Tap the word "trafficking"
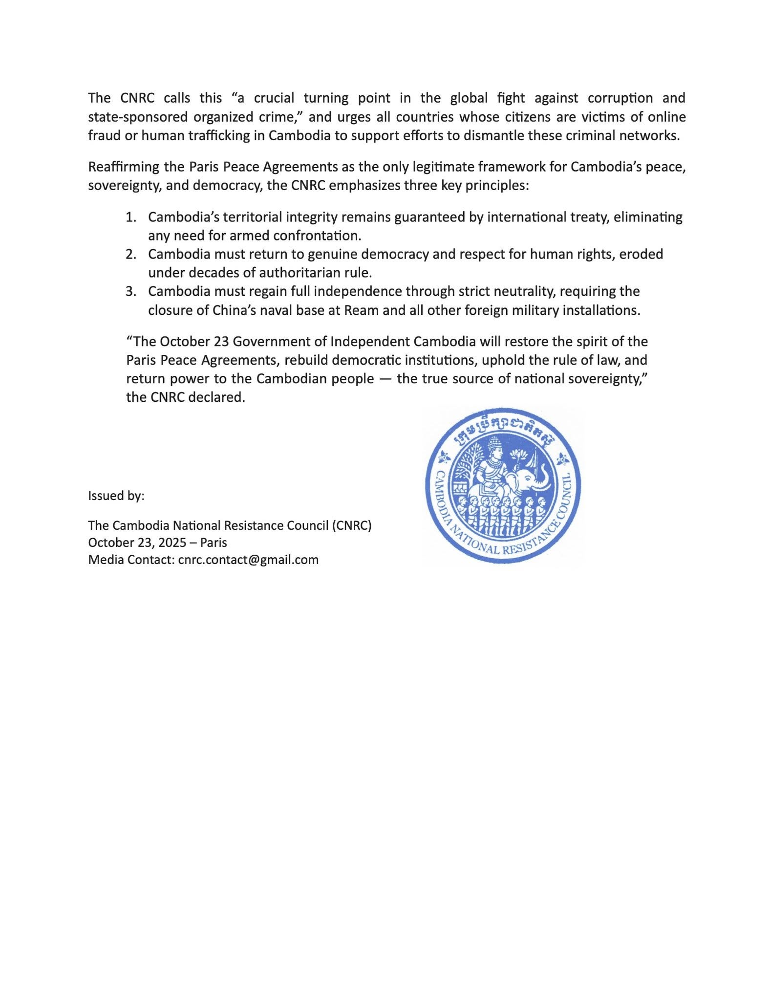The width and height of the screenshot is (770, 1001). pyautogui.click(x=212, y=136)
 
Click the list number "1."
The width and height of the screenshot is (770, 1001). pyautogui.click(x=130, y=217)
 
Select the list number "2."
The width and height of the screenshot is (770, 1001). pyautogui.click(x=130, y=254)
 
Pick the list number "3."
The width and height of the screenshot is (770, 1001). pyautogui.click(x=130, y=291)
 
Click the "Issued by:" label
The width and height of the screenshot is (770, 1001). pyautogui.click(x=116, y=496)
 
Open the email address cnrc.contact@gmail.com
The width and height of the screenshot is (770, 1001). pyautogui.click(x=248, y=560)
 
